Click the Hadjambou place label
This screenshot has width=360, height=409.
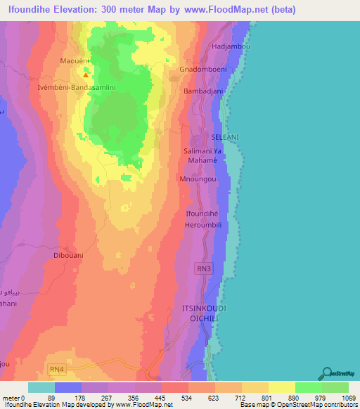[x=232, y=46]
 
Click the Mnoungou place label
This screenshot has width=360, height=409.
[x=198, y=179]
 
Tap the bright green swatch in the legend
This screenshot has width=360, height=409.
[x=308, y=387]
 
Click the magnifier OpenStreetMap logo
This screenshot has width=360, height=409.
[x=326, y=373]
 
